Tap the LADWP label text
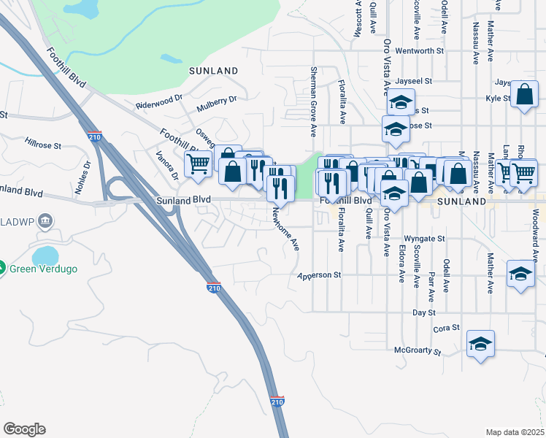(x=15, y=220)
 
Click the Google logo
(x=23, y=429)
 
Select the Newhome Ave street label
(x=286, y=228)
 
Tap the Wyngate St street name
(x=424, y=239)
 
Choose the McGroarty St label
(x=418, y=352)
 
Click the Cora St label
(x=446, y=328)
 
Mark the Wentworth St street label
(x=419, y=51)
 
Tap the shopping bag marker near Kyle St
(x=524, y=95)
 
